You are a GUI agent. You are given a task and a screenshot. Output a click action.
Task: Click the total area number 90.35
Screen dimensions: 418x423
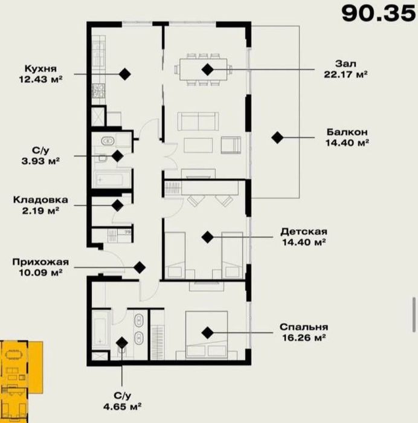379,14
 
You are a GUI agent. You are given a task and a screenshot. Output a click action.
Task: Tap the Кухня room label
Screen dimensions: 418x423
40,68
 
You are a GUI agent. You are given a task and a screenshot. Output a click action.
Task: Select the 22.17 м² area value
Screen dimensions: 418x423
346,74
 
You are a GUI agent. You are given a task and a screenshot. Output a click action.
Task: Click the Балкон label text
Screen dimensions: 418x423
347,132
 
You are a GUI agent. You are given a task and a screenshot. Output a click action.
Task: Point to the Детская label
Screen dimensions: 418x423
304,231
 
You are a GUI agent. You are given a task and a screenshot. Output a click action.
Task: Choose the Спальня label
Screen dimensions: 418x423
304,327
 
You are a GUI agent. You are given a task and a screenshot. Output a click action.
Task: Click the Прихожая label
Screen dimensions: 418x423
40,262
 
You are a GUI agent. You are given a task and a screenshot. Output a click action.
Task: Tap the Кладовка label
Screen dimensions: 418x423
40,200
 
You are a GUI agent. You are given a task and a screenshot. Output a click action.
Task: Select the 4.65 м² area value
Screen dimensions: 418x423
123,406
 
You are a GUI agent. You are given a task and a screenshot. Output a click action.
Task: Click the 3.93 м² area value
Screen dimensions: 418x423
40,161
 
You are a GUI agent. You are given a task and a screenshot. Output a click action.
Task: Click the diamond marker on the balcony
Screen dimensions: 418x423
277,138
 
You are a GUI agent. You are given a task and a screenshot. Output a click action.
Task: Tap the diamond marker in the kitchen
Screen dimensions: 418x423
125,74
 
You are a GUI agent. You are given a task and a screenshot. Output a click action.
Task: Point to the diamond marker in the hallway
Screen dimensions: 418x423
140,268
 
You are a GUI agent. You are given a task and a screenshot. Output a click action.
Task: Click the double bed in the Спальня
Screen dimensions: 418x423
207,335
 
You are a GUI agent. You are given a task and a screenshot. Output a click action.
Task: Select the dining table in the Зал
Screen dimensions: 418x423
204,69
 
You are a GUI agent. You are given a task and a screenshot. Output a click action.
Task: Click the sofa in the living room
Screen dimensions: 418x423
198,121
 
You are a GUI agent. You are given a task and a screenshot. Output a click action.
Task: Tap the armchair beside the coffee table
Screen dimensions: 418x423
231,145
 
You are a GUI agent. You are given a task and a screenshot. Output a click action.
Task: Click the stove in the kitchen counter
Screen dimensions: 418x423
98,91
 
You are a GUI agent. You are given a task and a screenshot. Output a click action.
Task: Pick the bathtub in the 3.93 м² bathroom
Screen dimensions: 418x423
111,178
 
